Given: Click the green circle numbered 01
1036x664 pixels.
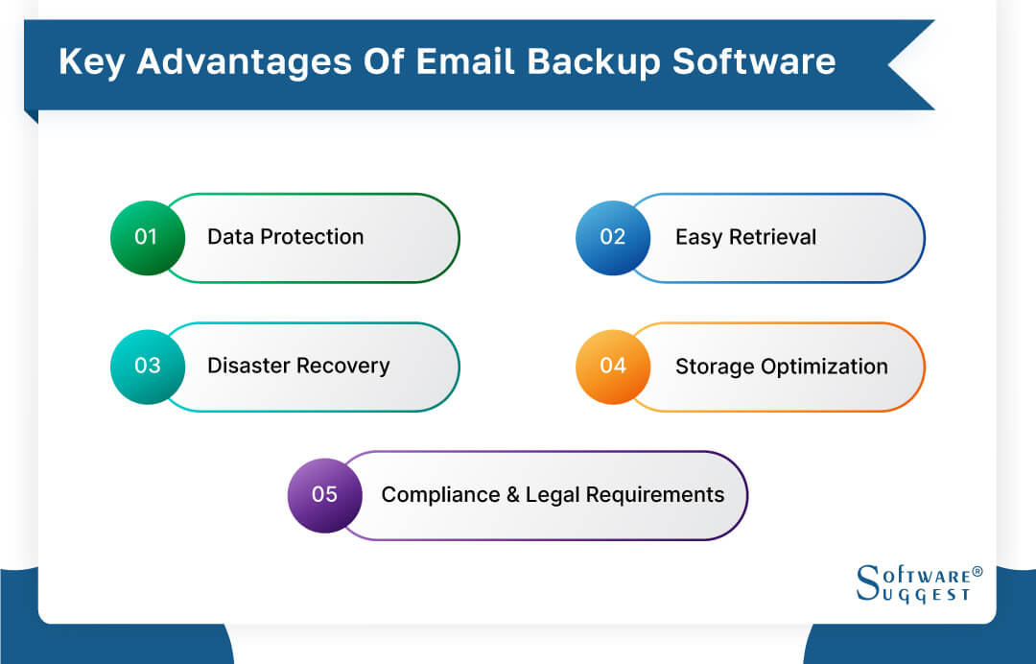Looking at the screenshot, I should click(146, 237).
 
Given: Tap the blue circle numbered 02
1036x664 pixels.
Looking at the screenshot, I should click(612, 237).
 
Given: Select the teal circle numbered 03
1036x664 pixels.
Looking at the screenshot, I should click(147, 366).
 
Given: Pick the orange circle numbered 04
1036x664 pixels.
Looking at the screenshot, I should click(612, 366).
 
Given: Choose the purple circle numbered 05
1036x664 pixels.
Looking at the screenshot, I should click(324, 494).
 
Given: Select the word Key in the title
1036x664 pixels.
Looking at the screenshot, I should click(91, 61).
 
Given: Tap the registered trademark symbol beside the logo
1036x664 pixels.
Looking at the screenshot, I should click(977, 572).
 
